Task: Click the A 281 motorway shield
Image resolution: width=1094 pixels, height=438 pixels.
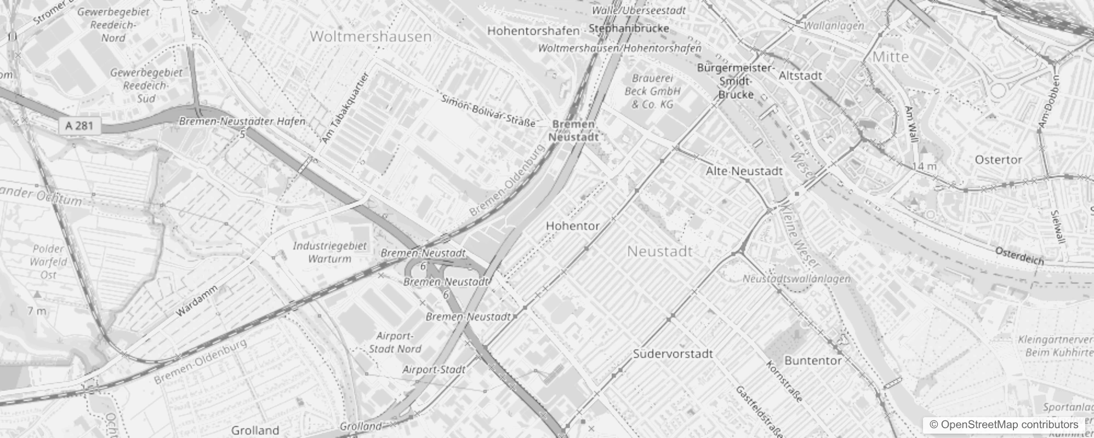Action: point(79,126)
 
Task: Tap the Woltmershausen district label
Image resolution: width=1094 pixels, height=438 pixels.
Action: point(371,37)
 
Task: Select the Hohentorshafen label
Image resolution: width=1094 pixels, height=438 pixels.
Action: point(533,31)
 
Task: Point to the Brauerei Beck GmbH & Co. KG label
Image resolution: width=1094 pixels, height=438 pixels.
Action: point(652,91)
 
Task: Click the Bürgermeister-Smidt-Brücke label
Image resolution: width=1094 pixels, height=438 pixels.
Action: point(736,81)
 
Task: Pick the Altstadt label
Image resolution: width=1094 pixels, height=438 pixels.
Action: point(800,76)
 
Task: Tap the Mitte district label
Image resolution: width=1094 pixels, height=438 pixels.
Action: point(890,56)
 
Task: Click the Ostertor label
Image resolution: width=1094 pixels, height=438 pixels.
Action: point(998,160)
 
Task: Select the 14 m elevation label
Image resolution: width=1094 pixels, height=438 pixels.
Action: point(925,166)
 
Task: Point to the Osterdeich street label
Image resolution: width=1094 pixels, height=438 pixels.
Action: point(1019,256)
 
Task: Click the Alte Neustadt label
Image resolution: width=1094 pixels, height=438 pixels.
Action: point(744,171)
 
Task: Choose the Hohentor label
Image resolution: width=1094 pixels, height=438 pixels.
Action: point(572,226)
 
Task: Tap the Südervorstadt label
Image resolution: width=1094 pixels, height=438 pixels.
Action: point(673,354)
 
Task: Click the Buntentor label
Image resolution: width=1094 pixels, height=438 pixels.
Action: point(813,360)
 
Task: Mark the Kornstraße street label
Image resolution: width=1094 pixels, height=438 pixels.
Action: point(784,382)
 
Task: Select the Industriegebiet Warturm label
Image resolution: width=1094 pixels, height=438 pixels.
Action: point(329,252)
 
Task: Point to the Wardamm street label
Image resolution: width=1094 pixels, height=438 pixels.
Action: point(196,301)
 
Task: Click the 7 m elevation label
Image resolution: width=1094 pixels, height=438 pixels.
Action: point(37,311)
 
